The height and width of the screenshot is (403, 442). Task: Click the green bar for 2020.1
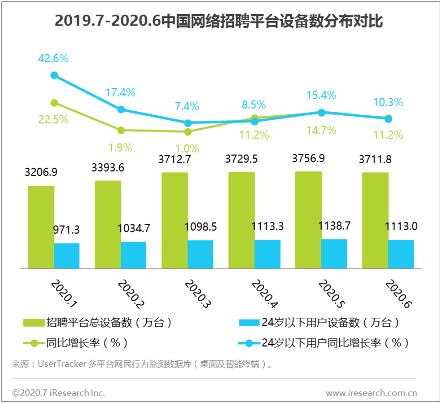point(41,227)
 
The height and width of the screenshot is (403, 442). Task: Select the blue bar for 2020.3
point(200,254)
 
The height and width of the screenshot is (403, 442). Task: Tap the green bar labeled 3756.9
point(308,220)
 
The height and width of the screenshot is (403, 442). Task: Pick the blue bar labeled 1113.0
point(401,254)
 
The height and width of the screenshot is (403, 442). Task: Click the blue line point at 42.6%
point(54,75)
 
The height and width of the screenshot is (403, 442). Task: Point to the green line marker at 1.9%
point(121,130)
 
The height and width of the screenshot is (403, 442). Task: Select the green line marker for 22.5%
point(54,102)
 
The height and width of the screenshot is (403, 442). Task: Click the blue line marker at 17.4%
point(121,109)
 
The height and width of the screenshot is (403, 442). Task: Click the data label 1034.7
point(133,228)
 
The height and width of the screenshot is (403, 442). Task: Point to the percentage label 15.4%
point(321,95)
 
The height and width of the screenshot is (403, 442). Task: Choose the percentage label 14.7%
point(321,130)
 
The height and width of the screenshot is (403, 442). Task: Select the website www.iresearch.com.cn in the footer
point(371,392)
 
